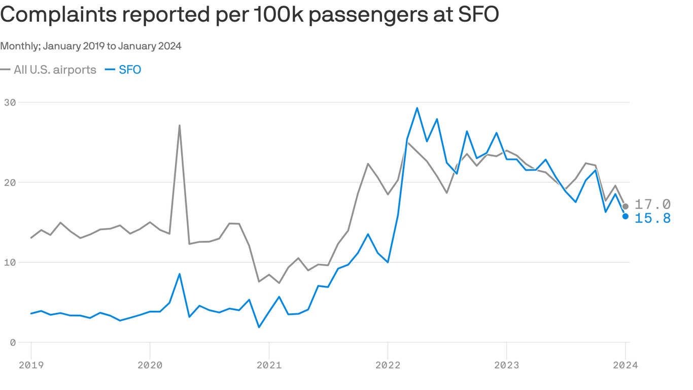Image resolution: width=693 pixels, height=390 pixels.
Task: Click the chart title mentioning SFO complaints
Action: [249, 15]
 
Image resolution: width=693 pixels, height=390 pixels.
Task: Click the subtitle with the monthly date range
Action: [91, 46]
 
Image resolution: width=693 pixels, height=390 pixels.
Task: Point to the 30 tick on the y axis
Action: [10, 103]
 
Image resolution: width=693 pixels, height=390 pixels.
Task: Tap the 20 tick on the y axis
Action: [10, 182]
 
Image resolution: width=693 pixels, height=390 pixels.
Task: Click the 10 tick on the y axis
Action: [10, 263]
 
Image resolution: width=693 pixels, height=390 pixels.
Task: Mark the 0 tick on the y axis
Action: [13, 343]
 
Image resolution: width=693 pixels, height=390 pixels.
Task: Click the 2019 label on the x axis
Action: [31, 365]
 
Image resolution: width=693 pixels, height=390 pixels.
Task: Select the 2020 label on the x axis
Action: [150, 365]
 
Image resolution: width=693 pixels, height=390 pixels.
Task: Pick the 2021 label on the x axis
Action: [269, 365]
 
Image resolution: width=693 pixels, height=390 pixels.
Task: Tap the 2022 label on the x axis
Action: [388, 365]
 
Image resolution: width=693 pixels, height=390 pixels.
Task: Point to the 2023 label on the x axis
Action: [506, 365]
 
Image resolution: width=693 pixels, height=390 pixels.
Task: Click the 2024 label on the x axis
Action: [625, 365]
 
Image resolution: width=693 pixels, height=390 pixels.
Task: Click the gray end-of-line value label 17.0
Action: [652, 205]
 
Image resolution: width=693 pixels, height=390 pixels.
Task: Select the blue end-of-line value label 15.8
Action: [652, 218]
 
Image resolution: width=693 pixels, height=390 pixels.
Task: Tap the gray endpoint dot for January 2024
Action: [625, 206]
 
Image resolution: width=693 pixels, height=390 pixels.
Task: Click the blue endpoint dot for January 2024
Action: [625, 216]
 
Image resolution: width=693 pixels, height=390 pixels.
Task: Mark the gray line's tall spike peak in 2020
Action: [180, 125]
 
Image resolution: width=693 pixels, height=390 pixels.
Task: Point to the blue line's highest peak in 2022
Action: [417, 108]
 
